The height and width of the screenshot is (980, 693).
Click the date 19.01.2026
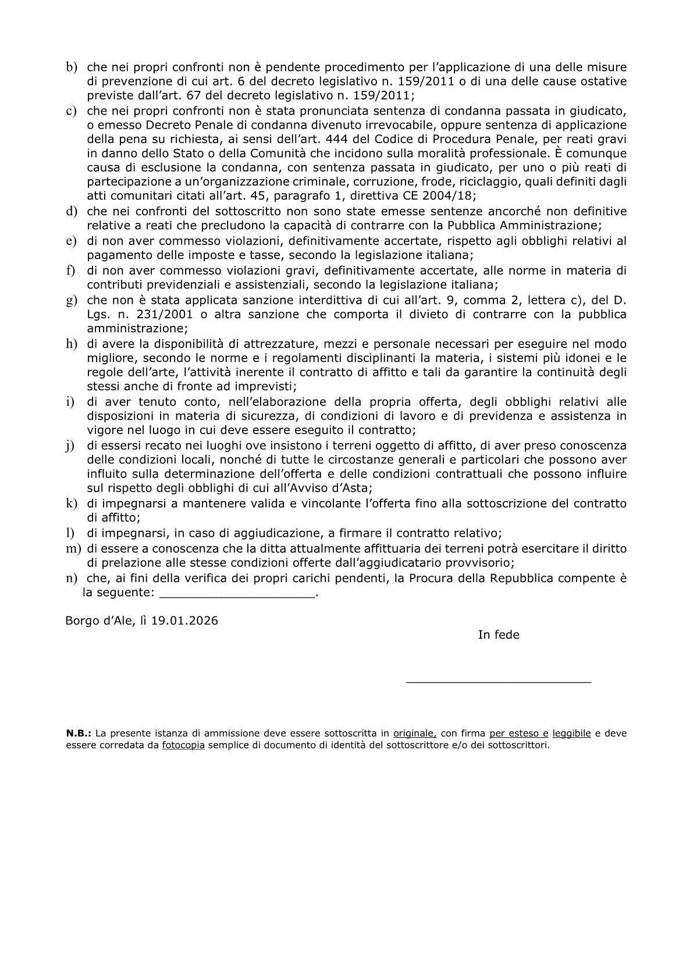184,620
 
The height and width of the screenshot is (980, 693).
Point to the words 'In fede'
499,635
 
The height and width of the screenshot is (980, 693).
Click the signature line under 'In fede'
499,680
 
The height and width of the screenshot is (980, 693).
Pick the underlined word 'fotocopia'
183,745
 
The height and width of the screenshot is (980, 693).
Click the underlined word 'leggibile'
571,734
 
